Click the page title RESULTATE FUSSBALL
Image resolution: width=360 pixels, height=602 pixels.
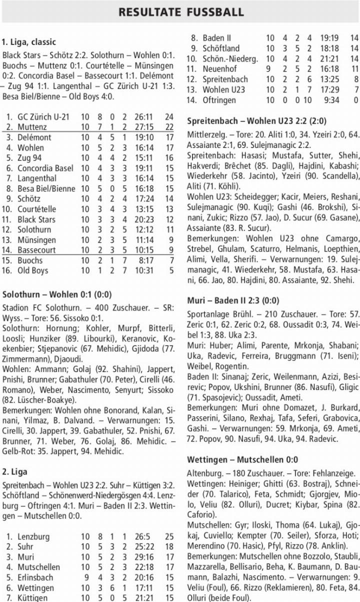180,12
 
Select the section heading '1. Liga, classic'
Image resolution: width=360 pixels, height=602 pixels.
29,42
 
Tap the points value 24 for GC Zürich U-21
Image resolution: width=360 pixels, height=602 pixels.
169,117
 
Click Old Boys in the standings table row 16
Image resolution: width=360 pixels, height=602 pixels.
33,270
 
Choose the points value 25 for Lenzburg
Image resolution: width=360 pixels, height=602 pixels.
169,536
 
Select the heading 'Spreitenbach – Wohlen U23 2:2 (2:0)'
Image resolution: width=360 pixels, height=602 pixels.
250,120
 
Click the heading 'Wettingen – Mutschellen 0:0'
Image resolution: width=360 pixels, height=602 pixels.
242,459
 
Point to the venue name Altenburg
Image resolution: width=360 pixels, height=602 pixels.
204,472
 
